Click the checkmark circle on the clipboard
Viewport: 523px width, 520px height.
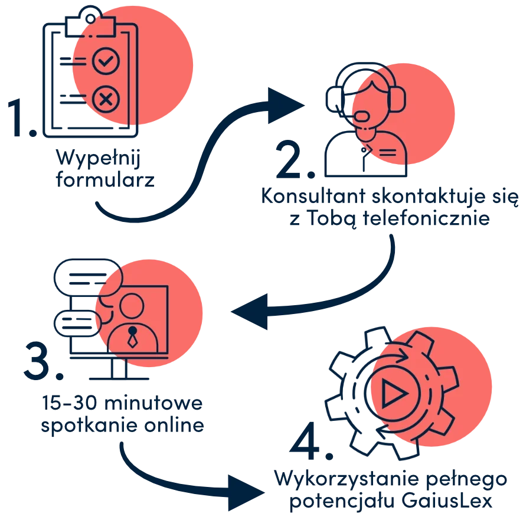tap(106, 60)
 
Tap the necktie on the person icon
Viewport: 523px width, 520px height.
tap(133, 338)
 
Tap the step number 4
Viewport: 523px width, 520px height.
tap(306, 440)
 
